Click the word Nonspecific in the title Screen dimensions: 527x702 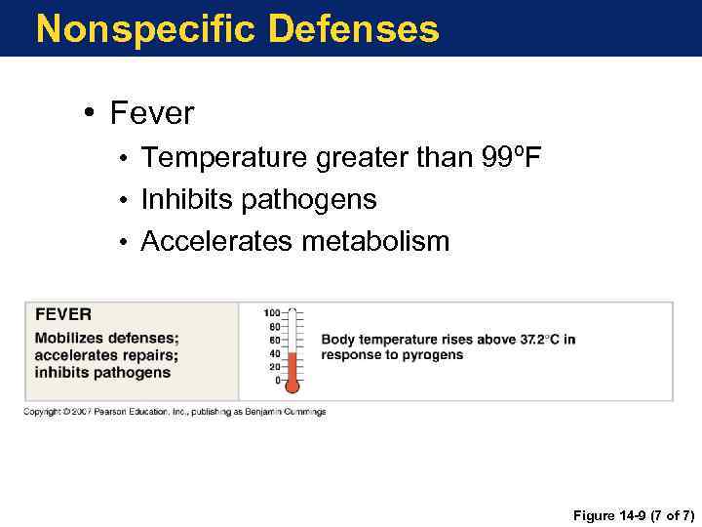[146, 29]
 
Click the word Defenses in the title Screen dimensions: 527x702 [353, 29]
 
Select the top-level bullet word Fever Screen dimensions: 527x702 [152, 113]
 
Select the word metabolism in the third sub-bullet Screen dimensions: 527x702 [375, 241]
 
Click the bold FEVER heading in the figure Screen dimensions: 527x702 [63, 314]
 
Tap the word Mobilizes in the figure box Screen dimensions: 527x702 [69, 339]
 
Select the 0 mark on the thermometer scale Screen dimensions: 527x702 [277, 380]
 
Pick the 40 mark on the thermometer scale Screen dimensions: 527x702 [274, 353]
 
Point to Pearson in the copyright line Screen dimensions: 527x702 [113, 412]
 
